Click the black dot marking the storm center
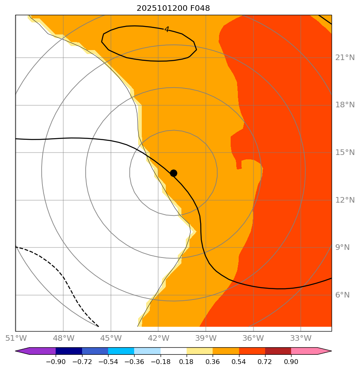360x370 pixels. (173, 173)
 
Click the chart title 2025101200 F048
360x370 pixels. (173, 8)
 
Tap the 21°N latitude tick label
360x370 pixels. (345, 58)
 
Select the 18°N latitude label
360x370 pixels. (345, 105)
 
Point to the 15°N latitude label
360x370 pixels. (345, 153)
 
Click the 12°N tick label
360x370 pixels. (345, 200)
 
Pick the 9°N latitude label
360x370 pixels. (343, 247)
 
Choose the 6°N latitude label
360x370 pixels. (343, 295)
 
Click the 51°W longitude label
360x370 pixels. (16, 338)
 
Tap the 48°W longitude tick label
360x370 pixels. (63, 338)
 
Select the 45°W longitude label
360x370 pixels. (111, 338)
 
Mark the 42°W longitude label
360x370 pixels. (158, 338)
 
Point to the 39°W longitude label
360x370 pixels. (206, 338)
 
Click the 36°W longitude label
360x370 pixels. (253, 338)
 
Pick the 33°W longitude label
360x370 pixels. (301, 338)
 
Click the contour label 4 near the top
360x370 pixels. (167, 29)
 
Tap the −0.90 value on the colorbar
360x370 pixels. (56, 362)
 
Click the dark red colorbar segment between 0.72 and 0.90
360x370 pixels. (278, 351)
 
